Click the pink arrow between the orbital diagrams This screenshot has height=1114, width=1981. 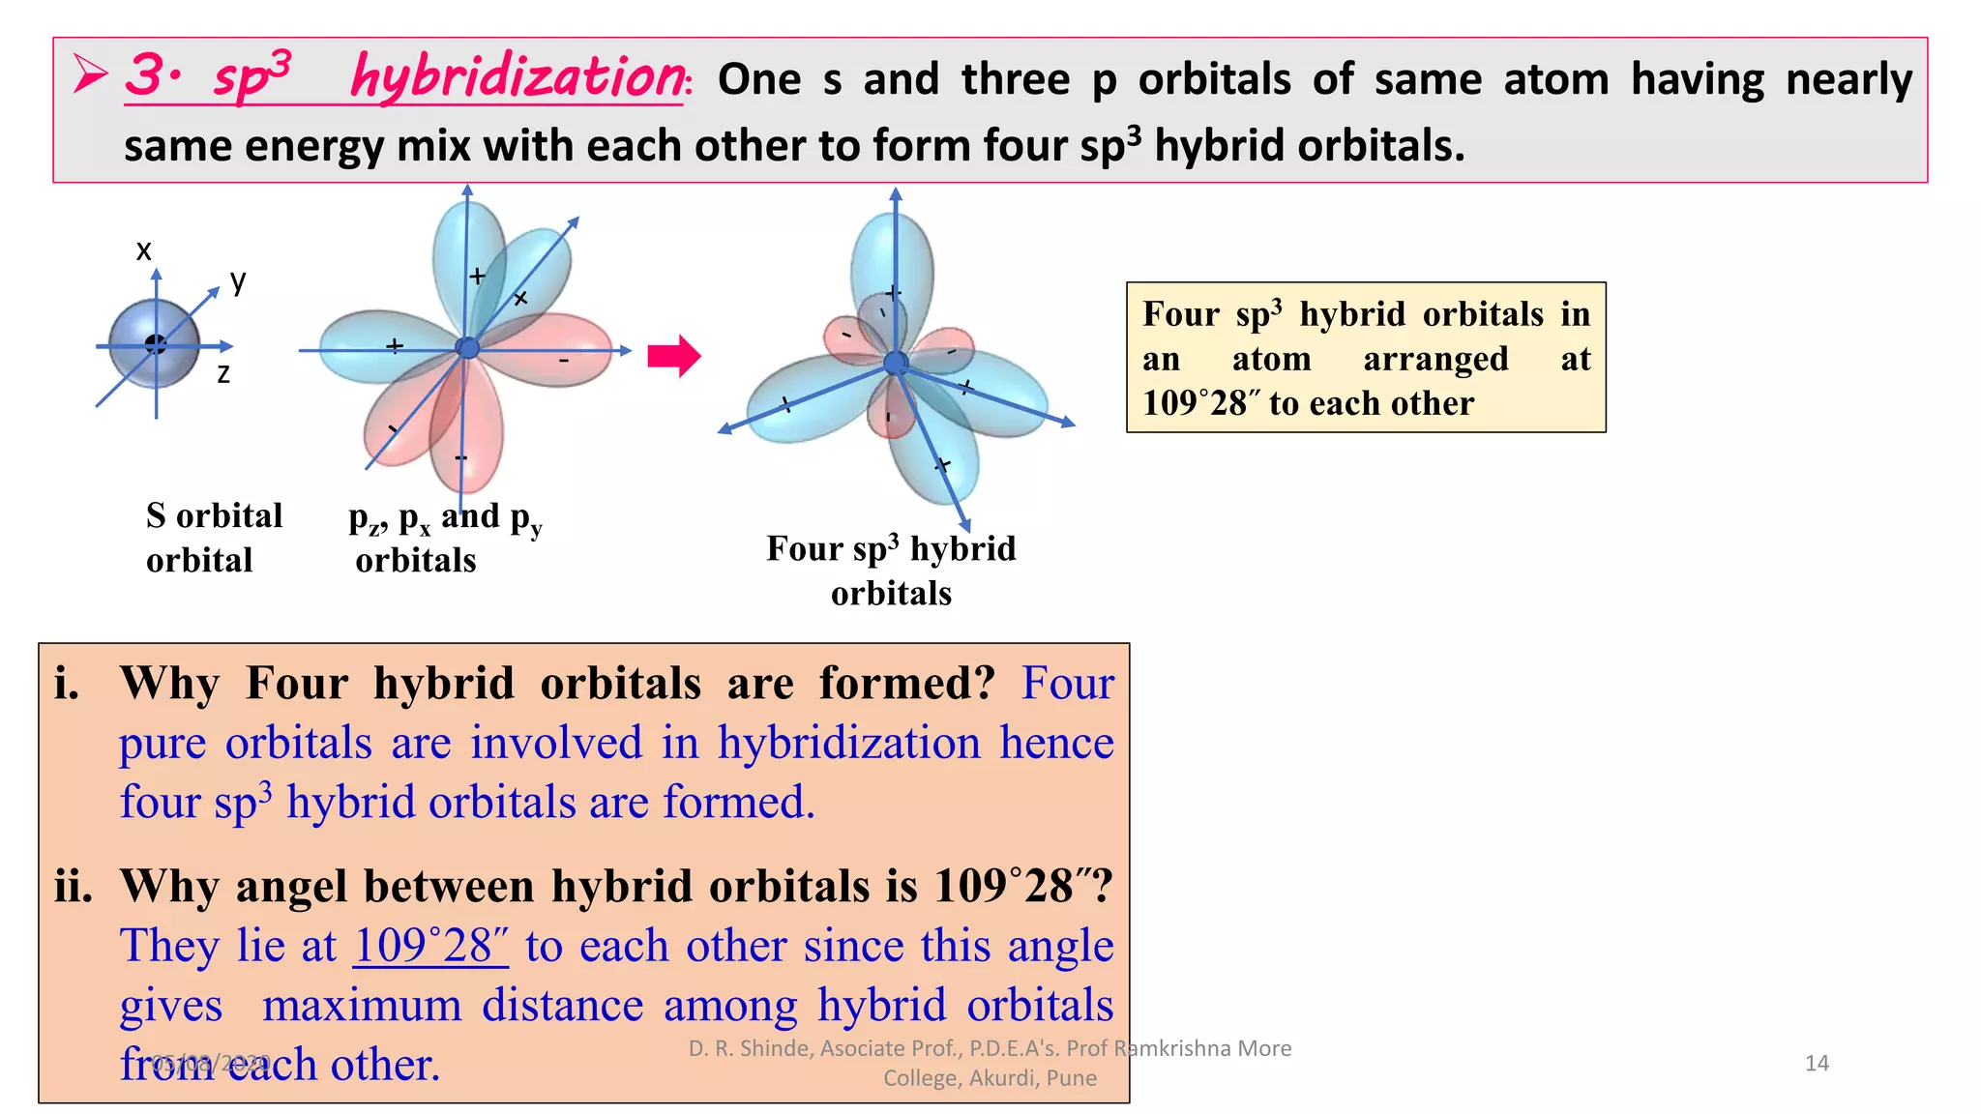point(674,356)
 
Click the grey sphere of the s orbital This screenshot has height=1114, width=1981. point(154,343)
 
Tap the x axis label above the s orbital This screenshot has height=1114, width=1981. point(144,250)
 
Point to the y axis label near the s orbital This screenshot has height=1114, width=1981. point(238,281)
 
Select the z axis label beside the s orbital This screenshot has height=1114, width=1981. point(223,374)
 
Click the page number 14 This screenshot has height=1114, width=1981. point(1817,1064)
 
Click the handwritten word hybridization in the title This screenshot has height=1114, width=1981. point(518,76)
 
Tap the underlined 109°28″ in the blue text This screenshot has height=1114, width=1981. point(430,946)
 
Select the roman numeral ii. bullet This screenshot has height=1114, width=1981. point(74,887)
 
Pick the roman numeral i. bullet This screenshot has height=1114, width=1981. point(67,684)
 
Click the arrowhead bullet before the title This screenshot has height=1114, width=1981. point(91,75)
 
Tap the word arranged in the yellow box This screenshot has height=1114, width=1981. point(1435,360)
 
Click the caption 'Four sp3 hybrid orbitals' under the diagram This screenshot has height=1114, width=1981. point(891,570)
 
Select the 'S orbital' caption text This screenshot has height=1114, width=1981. point(214,515)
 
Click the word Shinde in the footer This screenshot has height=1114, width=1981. point(774,1048)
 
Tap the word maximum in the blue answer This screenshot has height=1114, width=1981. point(362,1006)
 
